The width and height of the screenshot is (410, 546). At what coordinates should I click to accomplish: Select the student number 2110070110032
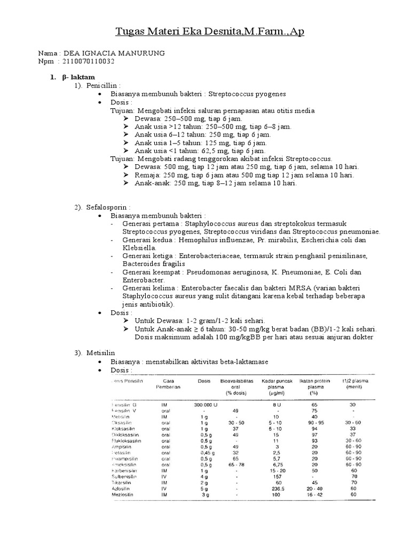pos(88,61)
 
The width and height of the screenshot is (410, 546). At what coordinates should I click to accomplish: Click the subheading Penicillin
pos(104,85)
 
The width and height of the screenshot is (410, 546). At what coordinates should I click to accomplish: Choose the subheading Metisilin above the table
pos(101,352)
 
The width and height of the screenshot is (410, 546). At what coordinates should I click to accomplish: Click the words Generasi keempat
pos(149,272)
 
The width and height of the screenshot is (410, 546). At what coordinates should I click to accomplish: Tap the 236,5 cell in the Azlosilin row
pos(276,487)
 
